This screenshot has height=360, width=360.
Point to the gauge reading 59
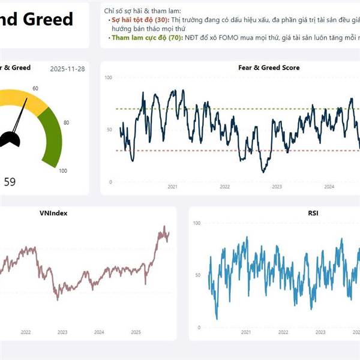pos(10,181)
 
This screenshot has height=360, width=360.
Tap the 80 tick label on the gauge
pos(66,123)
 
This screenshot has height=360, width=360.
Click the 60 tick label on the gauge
pos(35,89)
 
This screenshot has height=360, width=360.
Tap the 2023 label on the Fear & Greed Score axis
pos(277,187)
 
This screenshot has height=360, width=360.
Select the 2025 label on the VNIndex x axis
pos(136,332)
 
